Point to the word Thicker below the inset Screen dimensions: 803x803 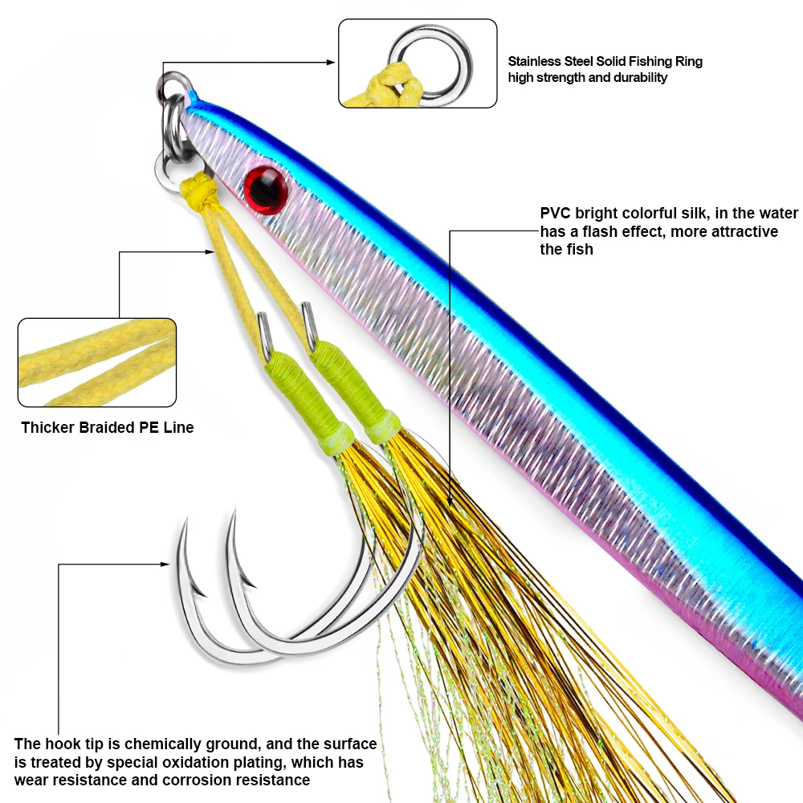coord(48,428)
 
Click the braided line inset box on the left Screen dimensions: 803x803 coord(97,362)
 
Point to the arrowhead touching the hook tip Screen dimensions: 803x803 coord(167,565)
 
